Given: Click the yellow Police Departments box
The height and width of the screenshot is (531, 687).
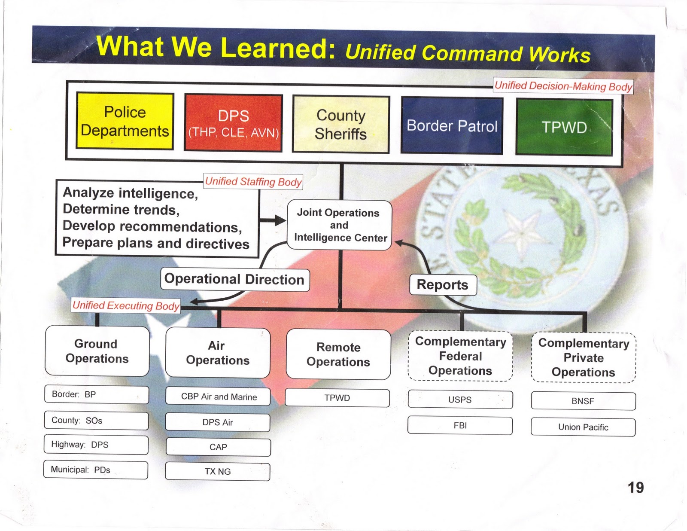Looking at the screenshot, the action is click(125, 121).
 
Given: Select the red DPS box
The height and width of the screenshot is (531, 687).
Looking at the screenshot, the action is click(233, 123).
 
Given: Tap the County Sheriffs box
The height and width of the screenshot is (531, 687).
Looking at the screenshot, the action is click(340, 124).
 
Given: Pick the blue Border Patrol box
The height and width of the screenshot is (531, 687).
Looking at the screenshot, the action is click(452, 125).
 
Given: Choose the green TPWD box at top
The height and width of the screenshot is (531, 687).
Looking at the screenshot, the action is click(564, 127).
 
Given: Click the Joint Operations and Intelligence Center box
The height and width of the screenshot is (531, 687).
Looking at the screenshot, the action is click(339, 225).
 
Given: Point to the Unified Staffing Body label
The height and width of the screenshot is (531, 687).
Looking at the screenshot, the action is click(253, 182).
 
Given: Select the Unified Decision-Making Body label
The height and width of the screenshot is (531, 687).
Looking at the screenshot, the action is click(563, 86).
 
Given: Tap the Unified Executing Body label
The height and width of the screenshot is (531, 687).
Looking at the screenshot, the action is click(126, 305).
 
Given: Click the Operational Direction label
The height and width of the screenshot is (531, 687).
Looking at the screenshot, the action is click(234, 280).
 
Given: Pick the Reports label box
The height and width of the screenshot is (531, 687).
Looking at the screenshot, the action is click(443, 285).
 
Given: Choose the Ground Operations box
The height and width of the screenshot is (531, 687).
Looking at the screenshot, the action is click(97, 351).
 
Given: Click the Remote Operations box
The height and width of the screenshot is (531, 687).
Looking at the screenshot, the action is click(338, 354).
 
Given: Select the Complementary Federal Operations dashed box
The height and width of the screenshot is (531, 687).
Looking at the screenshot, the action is click(460, 356).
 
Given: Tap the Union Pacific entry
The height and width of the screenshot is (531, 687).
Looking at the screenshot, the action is click(583, 427).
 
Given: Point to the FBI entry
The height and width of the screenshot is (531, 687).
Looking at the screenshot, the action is click(460, 425).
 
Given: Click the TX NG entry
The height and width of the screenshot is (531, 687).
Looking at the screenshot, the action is click(218, 471).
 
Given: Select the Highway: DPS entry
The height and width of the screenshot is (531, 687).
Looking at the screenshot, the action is click(96, 445).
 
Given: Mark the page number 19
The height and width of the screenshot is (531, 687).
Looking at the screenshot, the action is click(635, 488).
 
